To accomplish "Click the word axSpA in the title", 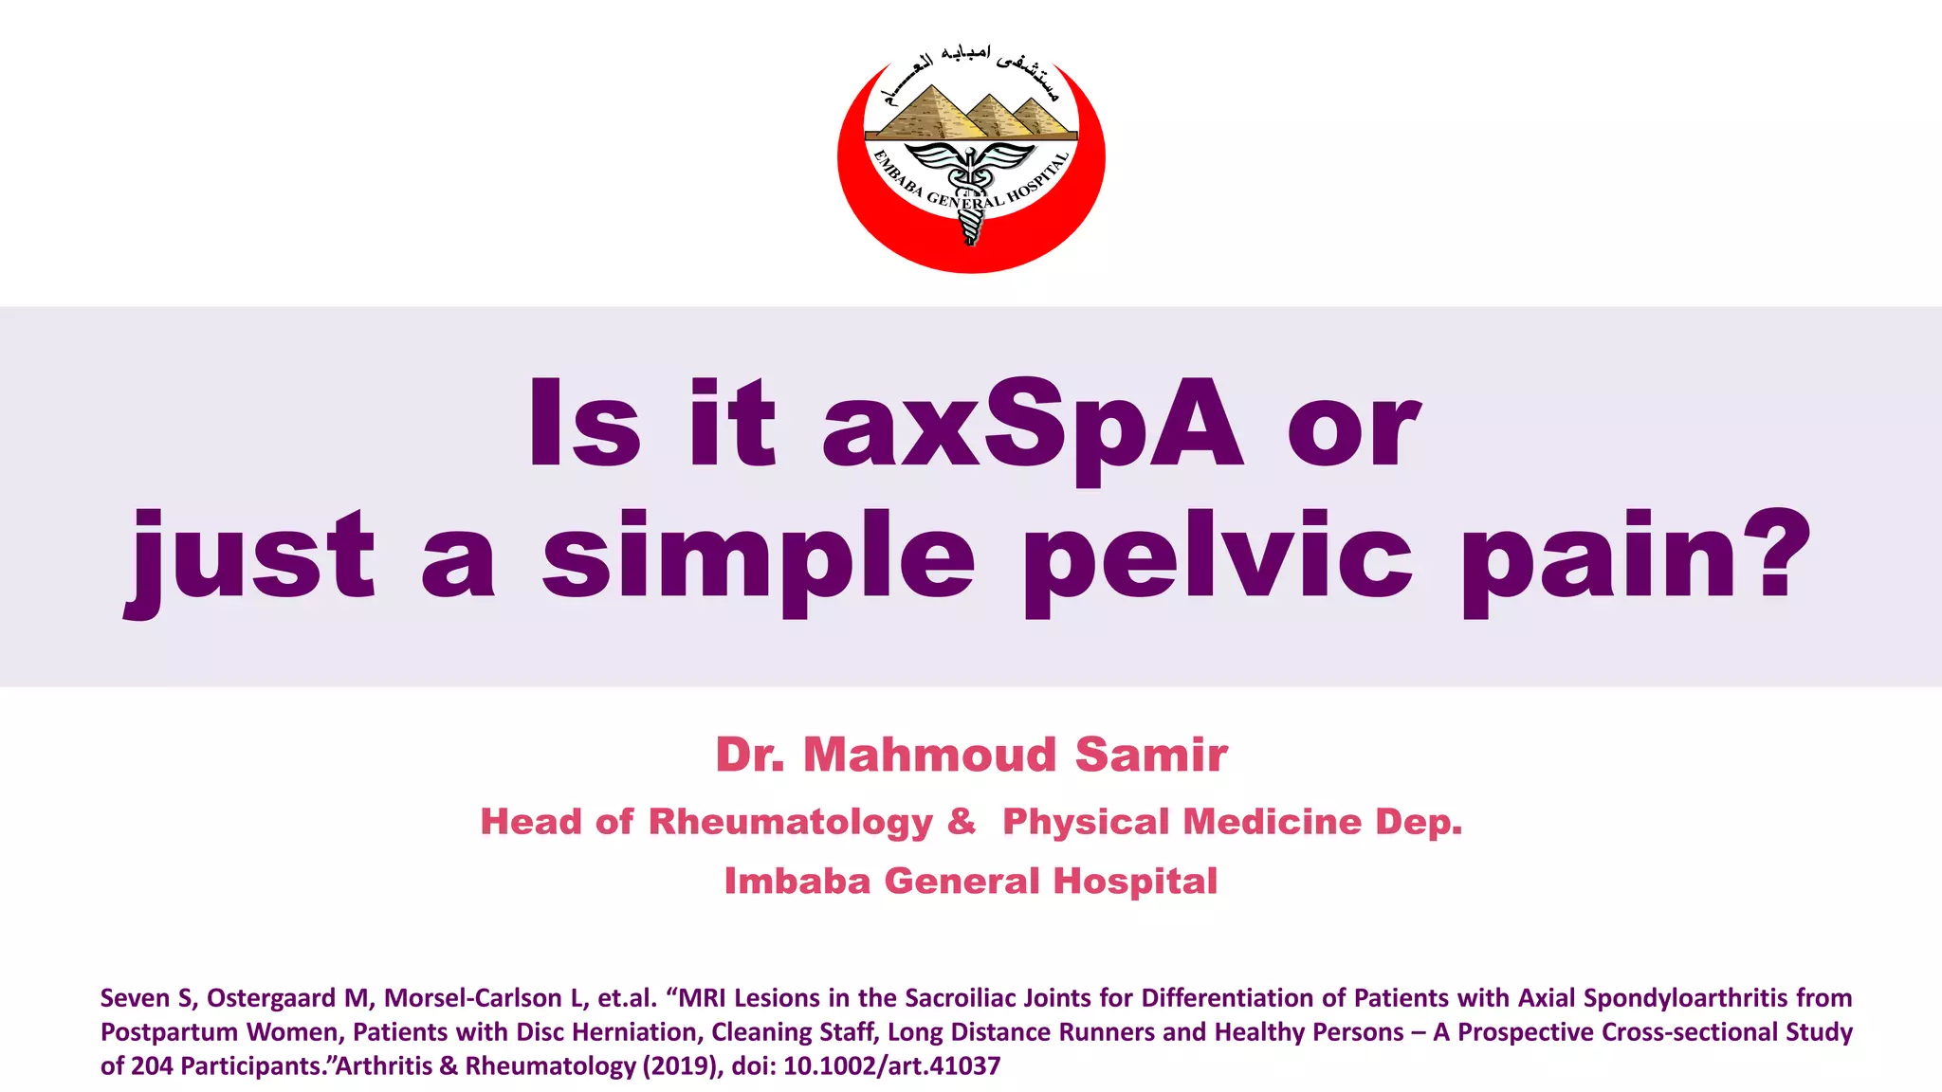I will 1032,423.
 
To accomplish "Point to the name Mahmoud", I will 929,755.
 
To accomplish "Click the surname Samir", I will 1151,755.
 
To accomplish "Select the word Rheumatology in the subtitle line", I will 791,823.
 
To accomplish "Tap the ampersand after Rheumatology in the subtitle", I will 962,821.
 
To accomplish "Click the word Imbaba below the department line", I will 797,882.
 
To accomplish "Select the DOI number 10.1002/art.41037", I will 891,1066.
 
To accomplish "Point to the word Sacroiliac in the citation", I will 964,998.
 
